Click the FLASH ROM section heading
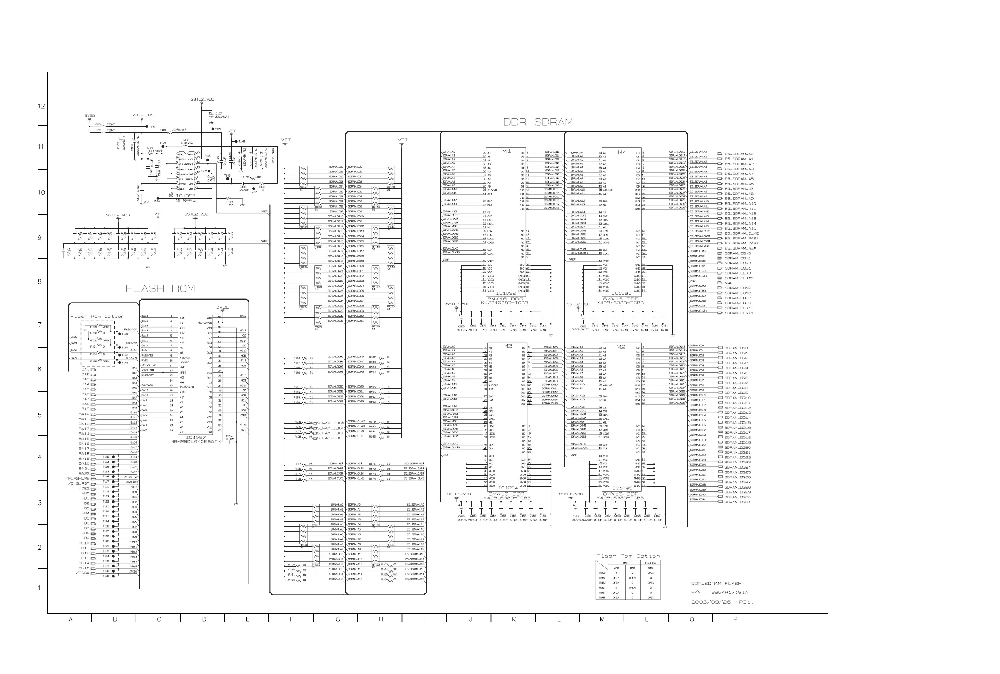click(160, 289)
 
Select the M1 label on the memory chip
click(506, 151)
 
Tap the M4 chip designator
click(622, 152)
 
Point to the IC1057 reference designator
click(195, 438)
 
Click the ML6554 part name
click(185, 200)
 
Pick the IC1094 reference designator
click(508, 488)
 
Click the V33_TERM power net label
click(143, 115)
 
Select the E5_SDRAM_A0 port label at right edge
click(739, 154)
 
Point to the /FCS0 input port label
click(82, 573)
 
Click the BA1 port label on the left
click(85, 369)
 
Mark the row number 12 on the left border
click(41, 106)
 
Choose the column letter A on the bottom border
click(71, 619)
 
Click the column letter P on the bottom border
click(735, 619)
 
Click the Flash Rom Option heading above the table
click(627, 556)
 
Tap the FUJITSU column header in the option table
click(650, 563)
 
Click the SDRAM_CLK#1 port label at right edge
click(738, 313)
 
